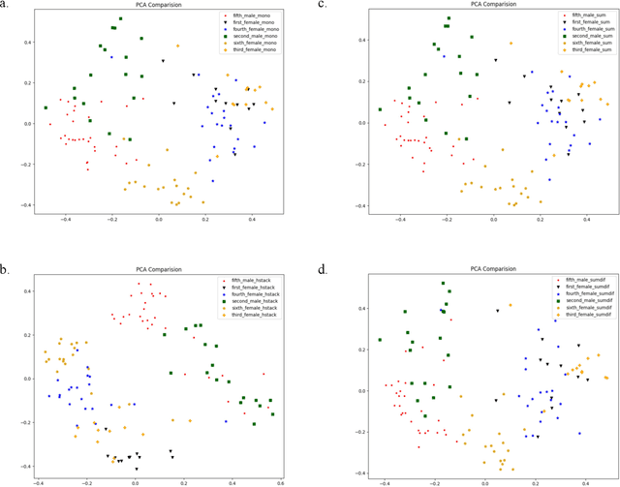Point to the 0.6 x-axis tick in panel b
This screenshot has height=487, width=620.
tap(281, 481)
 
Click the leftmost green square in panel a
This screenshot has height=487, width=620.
tap(46, 107)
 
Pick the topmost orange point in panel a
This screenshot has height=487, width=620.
tap(177, 46)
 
